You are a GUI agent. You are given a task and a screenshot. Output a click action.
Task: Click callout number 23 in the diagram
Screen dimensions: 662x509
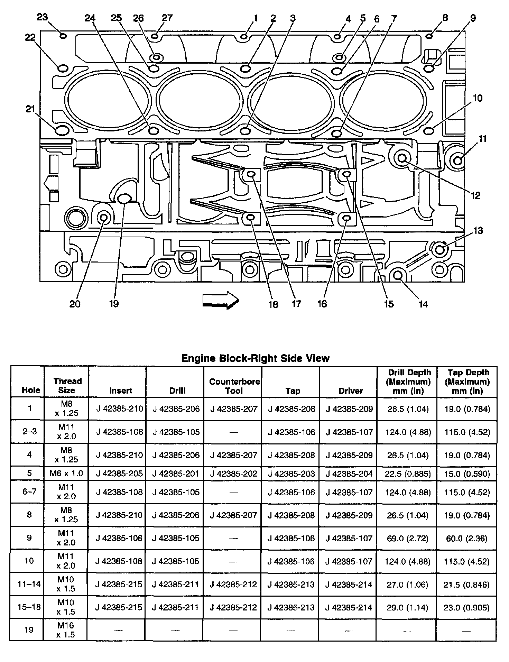42,17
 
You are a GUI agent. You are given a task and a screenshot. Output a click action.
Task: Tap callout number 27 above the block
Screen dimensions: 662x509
167,18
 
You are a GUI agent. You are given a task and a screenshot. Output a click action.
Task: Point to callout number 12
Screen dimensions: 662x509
475,195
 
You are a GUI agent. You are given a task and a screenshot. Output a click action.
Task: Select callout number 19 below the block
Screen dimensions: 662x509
114,304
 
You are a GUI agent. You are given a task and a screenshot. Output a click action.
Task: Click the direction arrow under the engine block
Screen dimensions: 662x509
220,300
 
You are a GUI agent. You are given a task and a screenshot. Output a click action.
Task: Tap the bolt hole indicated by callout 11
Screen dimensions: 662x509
457,160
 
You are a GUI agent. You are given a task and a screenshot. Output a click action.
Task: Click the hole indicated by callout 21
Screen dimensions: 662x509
61,130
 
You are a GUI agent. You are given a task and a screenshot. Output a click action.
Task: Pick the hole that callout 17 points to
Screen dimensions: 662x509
251,174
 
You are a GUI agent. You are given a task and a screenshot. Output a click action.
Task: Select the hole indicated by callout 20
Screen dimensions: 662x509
103,218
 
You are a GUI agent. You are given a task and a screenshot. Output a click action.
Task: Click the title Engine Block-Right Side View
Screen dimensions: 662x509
255,358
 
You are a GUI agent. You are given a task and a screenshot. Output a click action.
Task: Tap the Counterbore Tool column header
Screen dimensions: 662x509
234,386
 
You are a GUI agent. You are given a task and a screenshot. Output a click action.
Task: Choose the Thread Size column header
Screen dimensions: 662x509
67,386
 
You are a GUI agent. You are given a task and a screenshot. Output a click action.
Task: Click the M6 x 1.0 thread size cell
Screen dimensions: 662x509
66,473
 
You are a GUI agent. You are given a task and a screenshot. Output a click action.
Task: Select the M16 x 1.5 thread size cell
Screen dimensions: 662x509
66,630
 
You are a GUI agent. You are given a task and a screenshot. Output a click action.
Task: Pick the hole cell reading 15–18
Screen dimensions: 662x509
29,607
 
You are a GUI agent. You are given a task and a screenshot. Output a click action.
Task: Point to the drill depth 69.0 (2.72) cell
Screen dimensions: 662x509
407,539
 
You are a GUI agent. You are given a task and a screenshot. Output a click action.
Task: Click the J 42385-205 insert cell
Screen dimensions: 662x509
119,473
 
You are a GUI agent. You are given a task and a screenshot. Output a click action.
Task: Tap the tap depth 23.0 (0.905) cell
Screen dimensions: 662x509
466,607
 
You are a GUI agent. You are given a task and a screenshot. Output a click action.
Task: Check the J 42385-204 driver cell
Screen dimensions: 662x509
349,473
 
